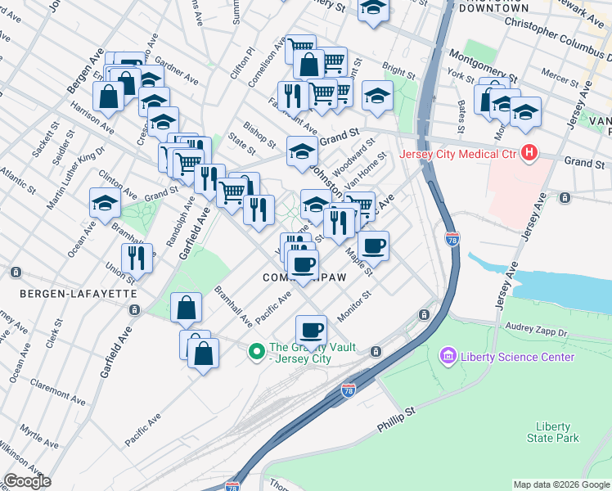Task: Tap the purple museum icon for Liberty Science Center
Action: (448, 357)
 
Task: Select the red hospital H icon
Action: (529, 152)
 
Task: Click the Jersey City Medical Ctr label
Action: (458, 153)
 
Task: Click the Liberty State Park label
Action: (557, 432)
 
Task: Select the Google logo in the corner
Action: (27, 481)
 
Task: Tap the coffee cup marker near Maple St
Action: (373, 245)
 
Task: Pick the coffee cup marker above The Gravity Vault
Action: (310, 330)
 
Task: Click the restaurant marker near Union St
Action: (137, 258)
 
